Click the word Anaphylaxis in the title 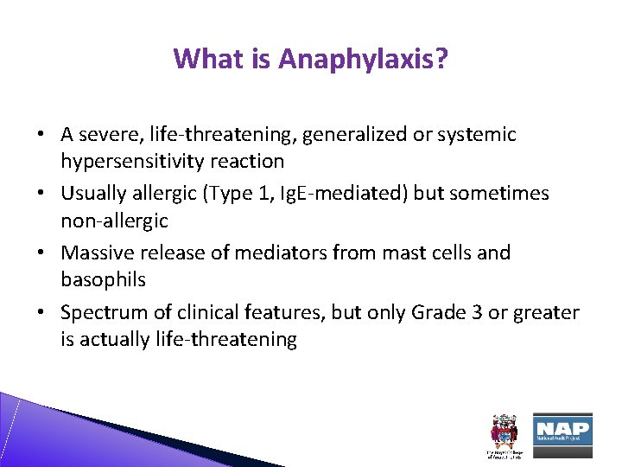coord(363,59)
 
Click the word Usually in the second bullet coord(93,194)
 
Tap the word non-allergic coord(114,221)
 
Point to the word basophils coord(103,280)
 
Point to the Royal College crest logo coord(505,432)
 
